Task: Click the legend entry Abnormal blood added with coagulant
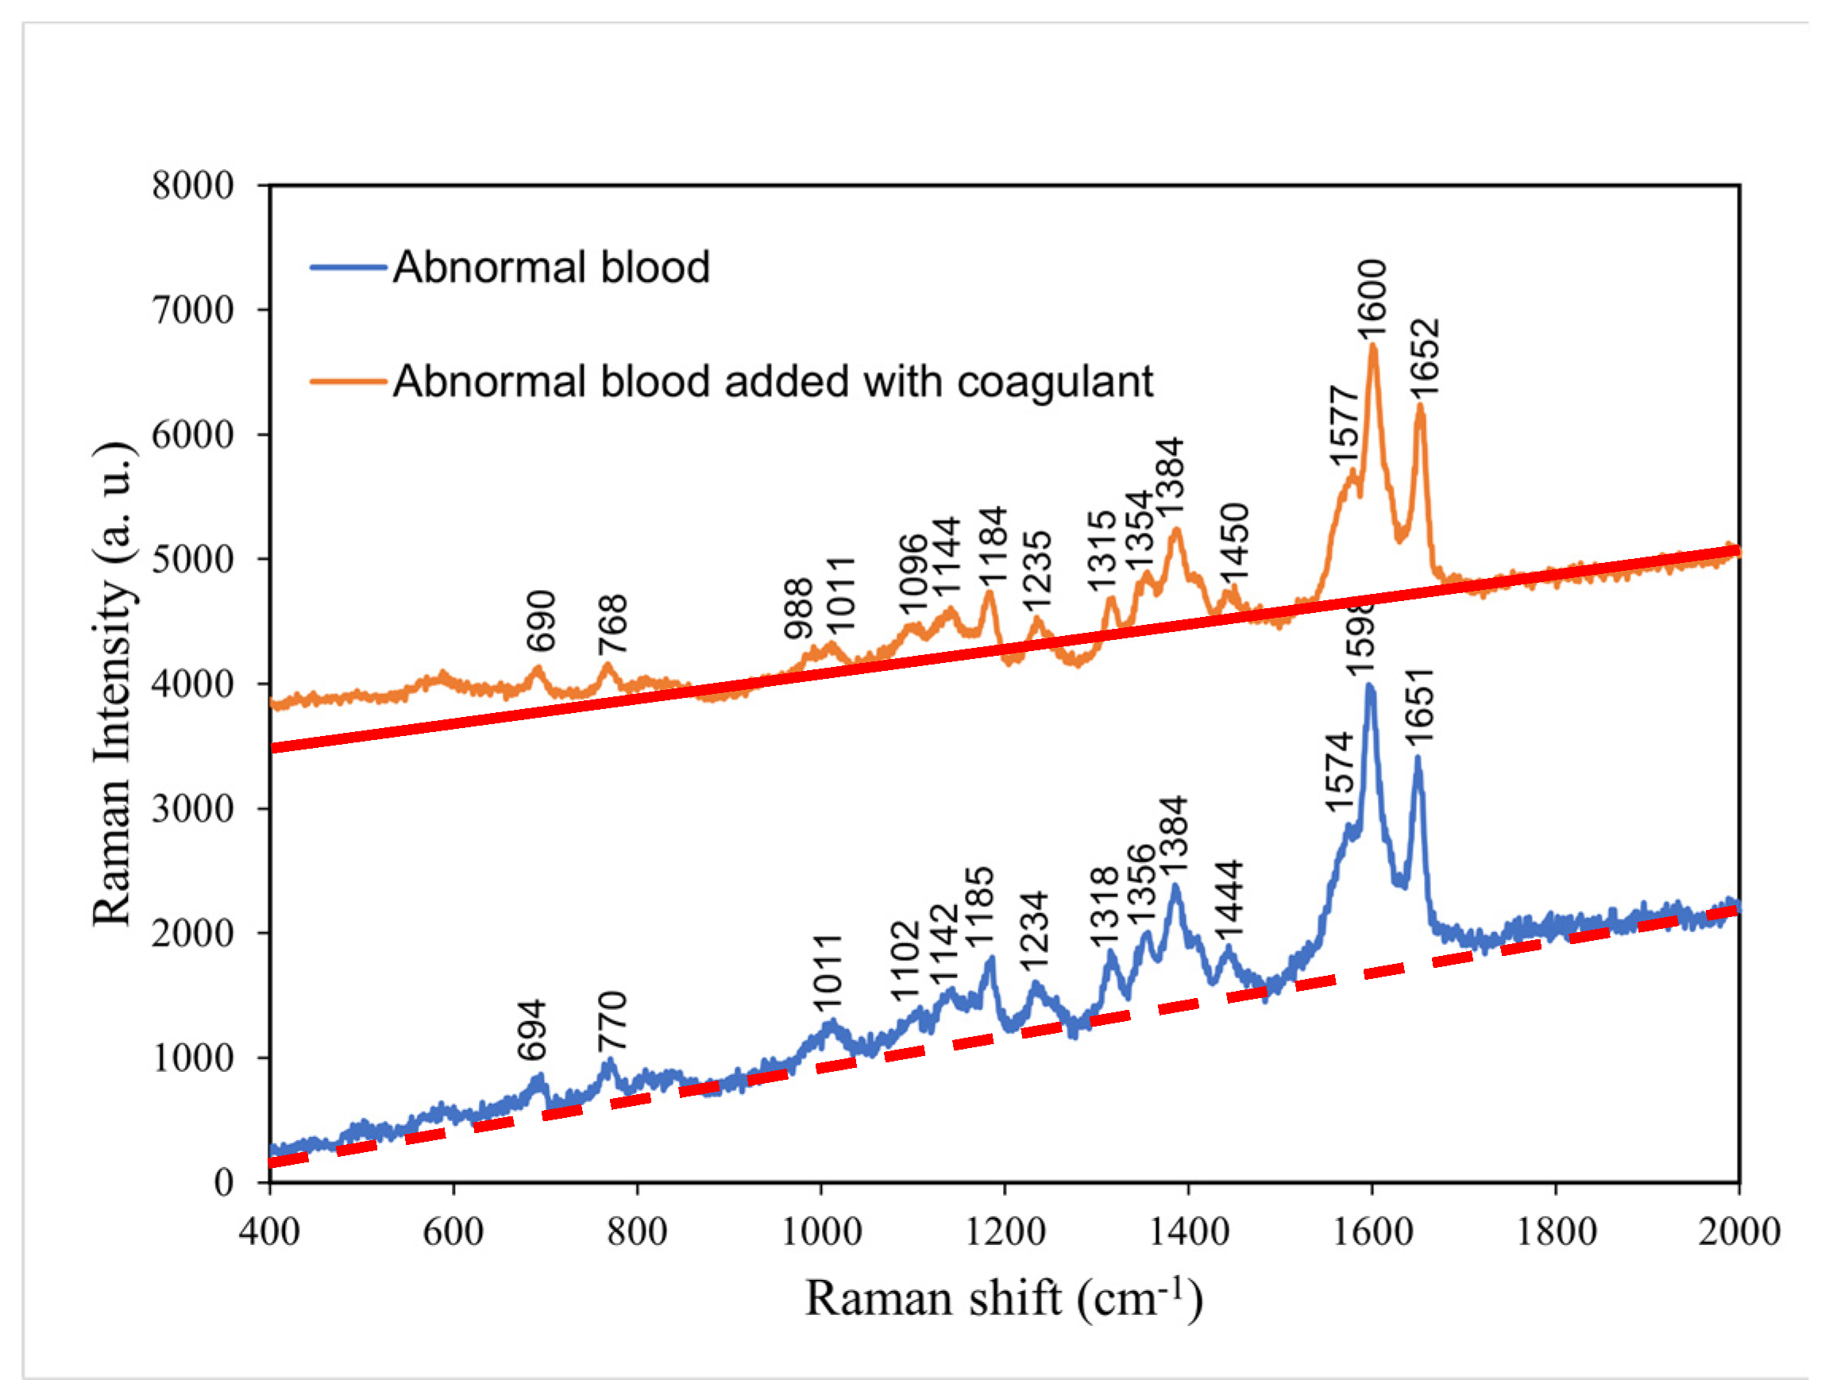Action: tap(772, 382)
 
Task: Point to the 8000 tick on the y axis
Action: tap(192, 186)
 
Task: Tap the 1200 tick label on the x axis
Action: tap(1005, 1231)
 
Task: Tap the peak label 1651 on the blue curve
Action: tap(1418, 706)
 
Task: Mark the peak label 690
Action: tap(541, 621)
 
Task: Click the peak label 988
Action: tap(798, 609)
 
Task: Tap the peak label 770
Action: tap(612, 1022)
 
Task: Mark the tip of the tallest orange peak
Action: tap(1372, 345)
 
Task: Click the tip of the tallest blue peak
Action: tap(1369, 686)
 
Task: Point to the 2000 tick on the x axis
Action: tap(1739, 1231)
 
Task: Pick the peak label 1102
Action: tap(905, 961)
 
